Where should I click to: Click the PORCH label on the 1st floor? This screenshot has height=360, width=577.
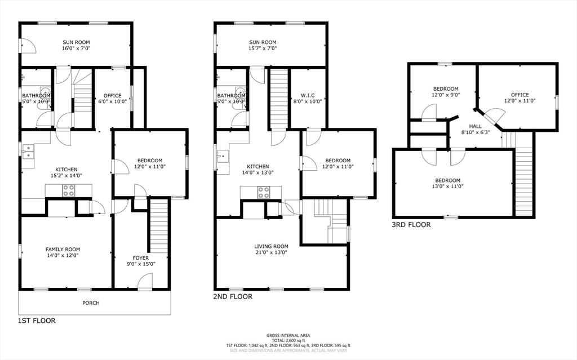coord(91,303)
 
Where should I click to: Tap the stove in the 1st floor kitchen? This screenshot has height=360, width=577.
coord(68,192)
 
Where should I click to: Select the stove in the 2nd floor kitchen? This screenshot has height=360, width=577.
coord(263,192)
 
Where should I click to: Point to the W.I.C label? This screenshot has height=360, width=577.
coord(307,95)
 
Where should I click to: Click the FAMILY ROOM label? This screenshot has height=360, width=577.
coord(63,249)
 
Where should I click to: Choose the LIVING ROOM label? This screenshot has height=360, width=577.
coord(271,246)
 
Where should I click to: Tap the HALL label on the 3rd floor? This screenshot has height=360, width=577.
coord(475,126)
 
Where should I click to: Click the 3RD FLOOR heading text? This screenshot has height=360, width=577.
coord(411,225)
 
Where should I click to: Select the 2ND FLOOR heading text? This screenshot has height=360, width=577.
coord(233,296)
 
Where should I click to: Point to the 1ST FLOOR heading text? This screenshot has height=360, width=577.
coord(37,321)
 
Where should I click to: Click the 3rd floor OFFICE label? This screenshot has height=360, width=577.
coord(520,95)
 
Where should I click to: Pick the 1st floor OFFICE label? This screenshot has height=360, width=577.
coord(113,95)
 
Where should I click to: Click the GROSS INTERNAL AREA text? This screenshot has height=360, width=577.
coord(288,335)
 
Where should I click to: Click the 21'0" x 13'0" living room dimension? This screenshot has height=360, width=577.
coord(271,253)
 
